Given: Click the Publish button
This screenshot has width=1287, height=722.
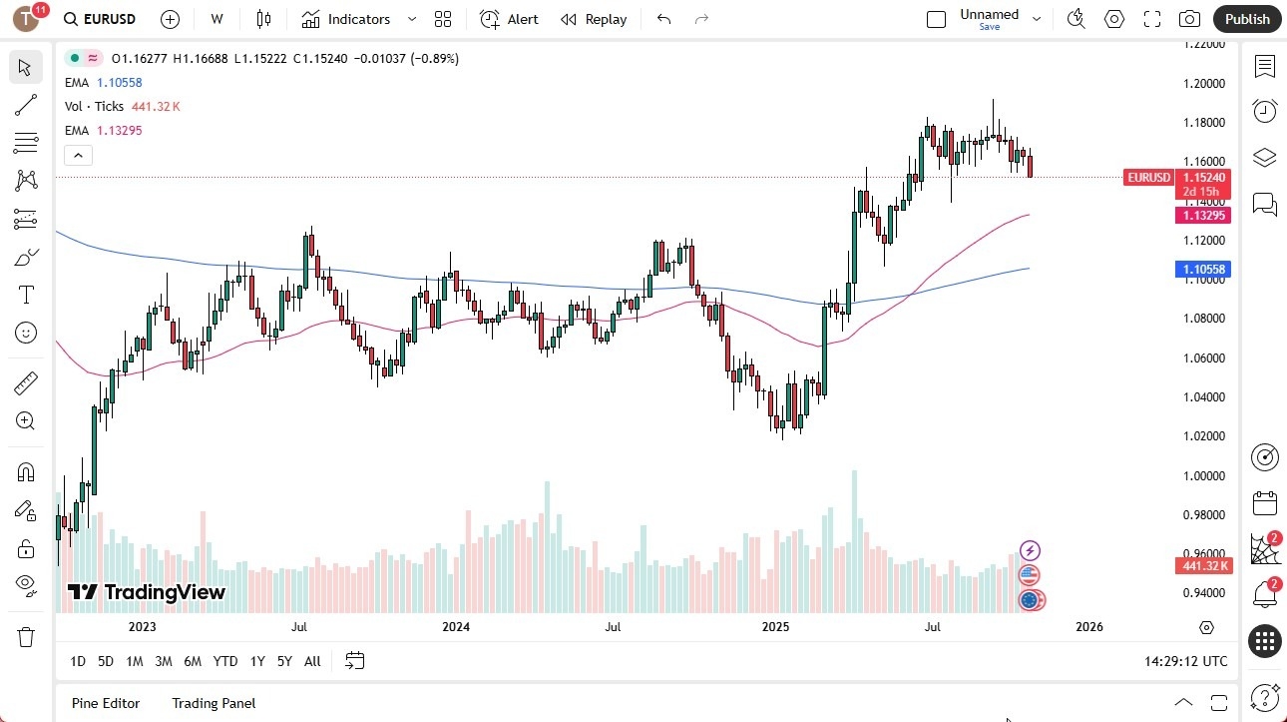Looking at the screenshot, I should (x=1247, y=19).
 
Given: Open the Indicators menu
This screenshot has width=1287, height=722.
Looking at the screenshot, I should (x=346, y=19).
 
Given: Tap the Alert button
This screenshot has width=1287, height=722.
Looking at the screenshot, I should (x=509, y=19).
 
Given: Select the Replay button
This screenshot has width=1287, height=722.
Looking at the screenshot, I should (x=594, y=19).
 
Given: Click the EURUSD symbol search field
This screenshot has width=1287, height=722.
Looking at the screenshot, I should (x=100, y=19).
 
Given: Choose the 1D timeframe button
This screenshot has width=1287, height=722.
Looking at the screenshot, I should (x=78, y=661).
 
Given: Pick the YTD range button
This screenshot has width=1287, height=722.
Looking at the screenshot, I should (x=225, y=661).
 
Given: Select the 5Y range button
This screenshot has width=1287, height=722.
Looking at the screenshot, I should (x=284, y=661).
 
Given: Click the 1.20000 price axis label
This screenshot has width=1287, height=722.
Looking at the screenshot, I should (x=1204, y=83).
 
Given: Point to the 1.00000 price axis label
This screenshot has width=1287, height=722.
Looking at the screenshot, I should (x=1204, y=475).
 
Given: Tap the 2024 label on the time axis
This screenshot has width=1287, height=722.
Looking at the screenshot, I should (x=456, y=627).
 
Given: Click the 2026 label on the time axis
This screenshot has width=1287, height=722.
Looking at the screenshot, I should (x=1089, y=627).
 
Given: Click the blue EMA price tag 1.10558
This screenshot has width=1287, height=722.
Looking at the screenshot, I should (x=1205, y=270).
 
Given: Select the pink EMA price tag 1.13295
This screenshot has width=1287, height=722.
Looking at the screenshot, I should (x=1205, y=216).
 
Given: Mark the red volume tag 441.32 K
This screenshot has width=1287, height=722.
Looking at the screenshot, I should (x=1205, y=566).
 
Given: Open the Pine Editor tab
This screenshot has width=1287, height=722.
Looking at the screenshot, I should (x=106, y=703).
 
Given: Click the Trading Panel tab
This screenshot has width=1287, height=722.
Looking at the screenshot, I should (x=214, y=703).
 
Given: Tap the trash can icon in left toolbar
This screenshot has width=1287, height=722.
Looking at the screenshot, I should (x=26, y=637).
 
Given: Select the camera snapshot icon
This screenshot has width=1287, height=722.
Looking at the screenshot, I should (x=1189, y=19).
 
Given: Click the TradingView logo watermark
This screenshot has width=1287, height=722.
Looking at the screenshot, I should (x=147, y=592).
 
